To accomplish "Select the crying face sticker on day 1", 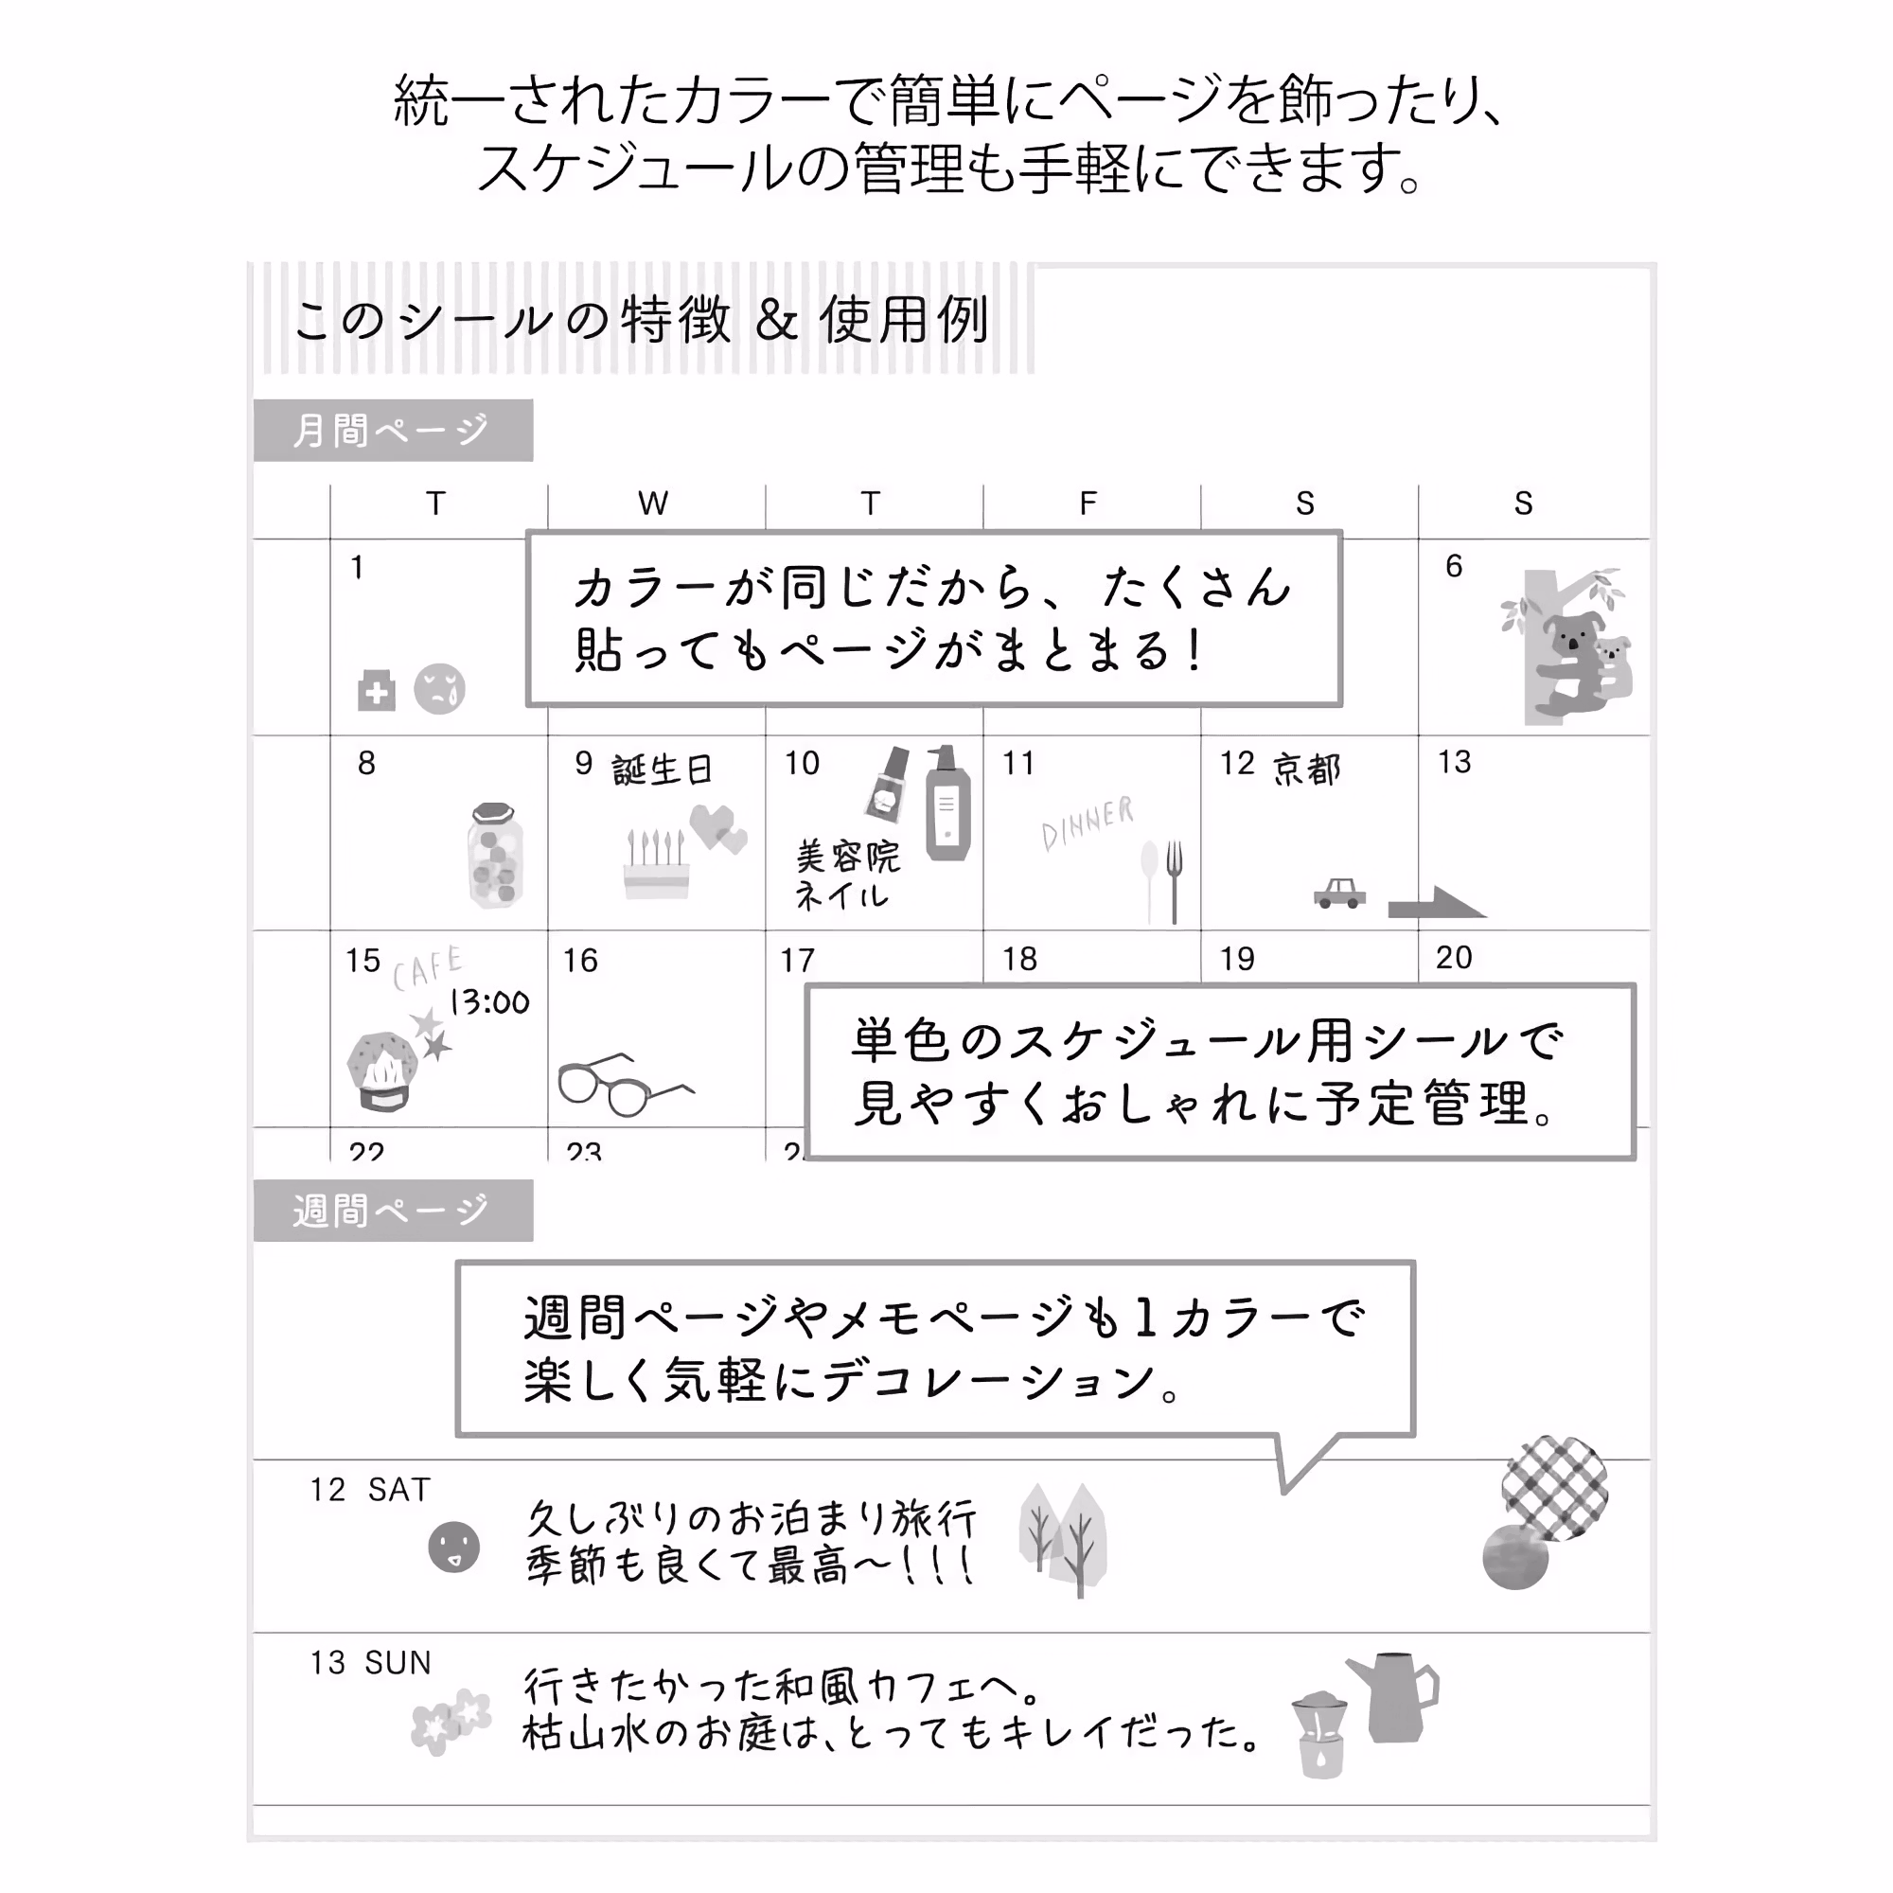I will [439, 689].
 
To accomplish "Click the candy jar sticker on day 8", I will [495, 855].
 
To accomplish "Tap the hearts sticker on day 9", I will [718, 828].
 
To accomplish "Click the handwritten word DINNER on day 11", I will [1087, 823].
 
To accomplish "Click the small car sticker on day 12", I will [1339, 893].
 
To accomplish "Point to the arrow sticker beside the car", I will [1436, 902].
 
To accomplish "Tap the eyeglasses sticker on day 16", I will [623, 1085].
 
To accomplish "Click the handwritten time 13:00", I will [489, 1001].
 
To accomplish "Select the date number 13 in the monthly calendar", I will [1454, 761].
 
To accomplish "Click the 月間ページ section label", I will [393, 430].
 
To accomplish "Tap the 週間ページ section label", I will [393, 1212].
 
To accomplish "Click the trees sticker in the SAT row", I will [1063, 1538].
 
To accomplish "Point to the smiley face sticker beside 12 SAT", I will [453, 1548].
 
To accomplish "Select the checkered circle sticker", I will [1554, 1487].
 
